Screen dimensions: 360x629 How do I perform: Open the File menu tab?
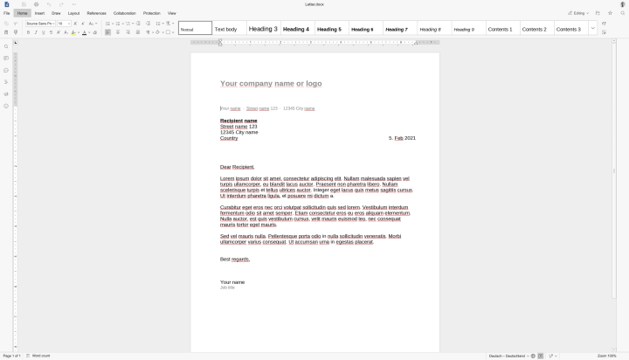(x=6, y=13)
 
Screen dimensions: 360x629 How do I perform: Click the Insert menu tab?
(x=39, y=13)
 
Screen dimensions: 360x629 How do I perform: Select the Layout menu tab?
(x=73, y=13)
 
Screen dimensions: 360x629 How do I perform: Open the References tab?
(x=96, y=13)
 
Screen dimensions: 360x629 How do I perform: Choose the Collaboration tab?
(x=125, y=13)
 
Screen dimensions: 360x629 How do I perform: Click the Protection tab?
(x=152, y=13)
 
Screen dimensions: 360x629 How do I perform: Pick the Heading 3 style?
(x=263, y=29)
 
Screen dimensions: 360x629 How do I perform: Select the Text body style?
(x=225, y=29)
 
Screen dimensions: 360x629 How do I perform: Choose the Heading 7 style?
(x=396, y=29)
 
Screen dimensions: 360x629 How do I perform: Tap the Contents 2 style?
(x=534, y=29)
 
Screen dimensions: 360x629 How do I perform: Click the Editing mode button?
(x=578, y=13)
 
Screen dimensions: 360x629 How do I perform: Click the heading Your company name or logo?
(x=271, y=84)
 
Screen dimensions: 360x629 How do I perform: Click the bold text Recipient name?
(x=238, y=121)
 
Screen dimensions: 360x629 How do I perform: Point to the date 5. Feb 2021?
(x=402, y=138)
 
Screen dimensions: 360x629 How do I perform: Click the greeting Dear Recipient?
(x=237, y=166)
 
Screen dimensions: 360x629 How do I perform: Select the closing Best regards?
(x=235, y=259)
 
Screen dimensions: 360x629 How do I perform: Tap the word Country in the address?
(x=229, y=138)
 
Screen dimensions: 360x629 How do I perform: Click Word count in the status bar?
(x=40, y=356)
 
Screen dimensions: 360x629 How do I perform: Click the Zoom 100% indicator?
(x=607, y=356)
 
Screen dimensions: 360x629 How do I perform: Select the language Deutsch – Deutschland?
(x=508, y=356)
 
